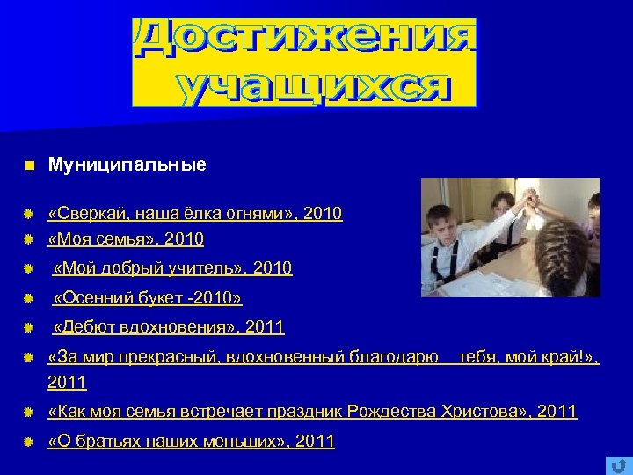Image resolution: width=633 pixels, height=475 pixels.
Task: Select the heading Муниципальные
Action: pos(127,164)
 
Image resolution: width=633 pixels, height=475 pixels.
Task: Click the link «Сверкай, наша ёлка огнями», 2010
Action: pos(195,214)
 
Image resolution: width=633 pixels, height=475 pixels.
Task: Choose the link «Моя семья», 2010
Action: pos(126,239)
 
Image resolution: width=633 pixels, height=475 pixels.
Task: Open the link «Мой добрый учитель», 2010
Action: pos(172,268)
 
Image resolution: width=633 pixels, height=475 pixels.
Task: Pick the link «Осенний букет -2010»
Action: pos(147,298)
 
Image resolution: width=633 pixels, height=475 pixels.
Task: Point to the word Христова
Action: pos(487,412)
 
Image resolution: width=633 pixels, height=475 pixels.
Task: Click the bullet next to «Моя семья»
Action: pos(28,239)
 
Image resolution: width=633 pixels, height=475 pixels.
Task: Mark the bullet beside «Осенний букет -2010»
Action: pos(28,298)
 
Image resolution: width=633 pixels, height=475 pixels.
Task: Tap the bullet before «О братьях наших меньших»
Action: pos(28,442)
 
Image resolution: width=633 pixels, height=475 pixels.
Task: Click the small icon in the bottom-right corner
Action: pos(616,464)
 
